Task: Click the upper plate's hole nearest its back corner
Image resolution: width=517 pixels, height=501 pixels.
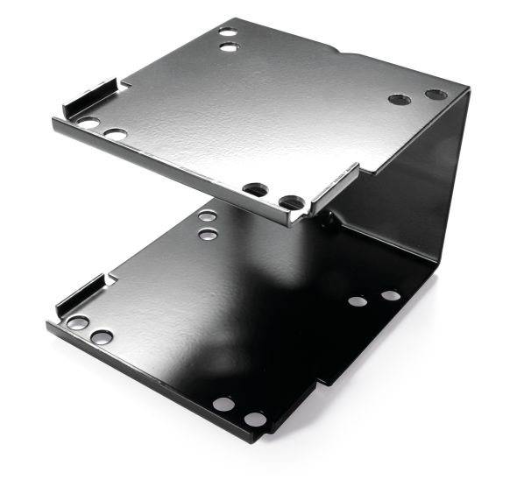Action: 228,31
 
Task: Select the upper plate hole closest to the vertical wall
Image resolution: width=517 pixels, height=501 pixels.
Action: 436,95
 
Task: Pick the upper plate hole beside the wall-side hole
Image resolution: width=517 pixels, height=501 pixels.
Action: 400,99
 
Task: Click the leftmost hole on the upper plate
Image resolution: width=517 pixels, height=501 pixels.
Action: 89,123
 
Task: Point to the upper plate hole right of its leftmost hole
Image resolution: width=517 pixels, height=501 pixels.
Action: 115,135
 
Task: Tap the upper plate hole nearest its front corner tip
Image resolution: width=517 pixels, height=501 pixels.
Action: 292,202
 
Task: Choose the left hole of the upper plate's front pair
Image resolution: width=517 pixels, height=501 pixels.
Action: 255,189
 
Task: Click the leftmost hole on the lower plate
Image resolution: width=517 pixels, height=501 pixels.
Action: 77,323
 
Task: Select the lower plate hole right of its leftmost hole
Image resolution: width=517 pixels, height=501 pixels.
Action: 101,337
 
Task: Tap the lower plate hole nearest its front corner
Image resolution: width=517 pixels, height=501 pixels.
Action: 254,420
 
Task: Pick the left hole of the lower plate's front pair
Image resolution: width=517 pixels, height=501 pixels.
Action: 223,405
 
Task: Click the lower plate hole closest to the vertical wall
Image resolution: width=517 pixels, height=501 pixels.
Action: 391,295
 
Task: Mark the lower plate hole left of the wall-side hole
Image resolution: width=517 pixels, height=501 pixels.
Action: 357,301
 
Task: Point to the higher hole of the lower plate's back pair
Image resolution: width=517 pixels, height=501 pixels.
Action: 208,215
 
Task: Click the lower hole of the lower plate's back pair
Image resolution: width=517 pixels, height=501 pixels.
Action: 208,234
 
